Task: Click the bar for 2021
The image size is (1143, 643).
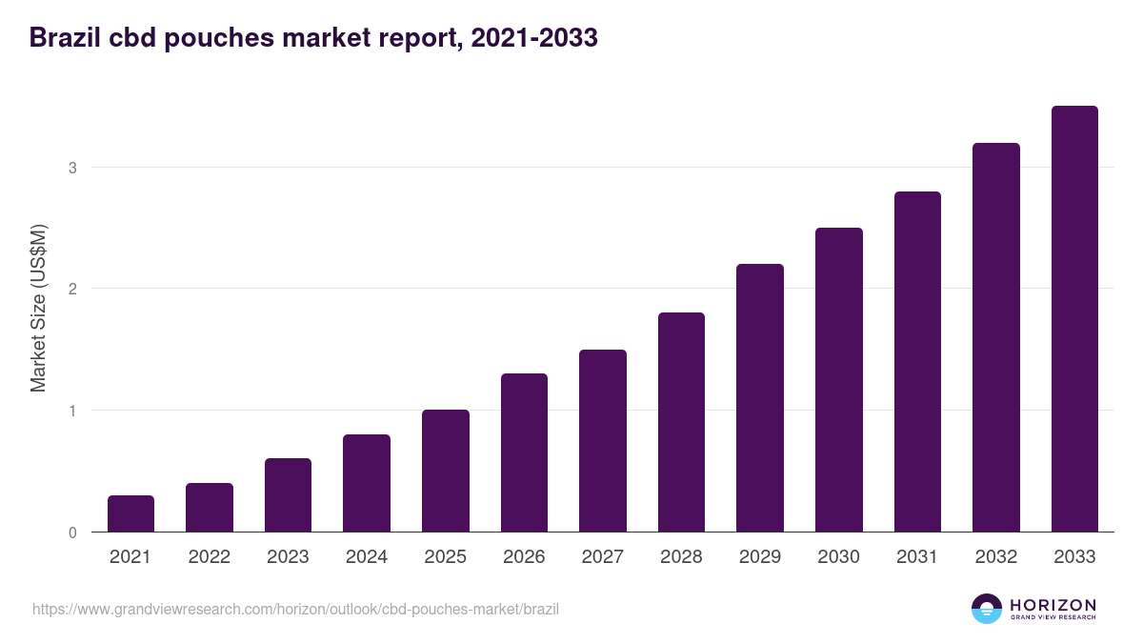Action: pos(130,513)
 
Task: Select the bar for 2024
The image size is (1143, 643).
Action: pos(367,483)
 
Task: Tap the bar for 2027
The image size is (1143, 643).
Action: pos(603,441)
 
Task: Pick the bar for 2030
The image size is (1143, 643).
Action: pos(839,380)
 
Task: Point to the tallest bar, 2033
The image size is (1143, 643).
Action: pos(1074,319)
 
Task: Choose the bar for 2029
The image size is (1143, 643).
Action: pos(760,398)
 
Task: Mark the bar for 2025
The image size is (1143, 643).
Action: pos(446,471)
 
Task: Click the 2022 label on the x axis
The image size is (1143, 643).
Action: pos(209,557)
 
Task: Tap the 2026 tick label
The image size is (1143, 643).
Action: pos(524,557)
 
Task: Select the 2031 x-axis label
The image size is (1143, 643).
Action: pos(917,557)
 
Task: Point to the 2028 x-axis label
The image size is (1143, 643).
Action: pos(681,557)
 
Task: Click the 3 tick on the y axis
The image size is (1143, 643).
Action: pos(72,168)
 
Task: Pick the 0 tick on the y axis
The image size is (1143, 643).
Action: pos(72,532)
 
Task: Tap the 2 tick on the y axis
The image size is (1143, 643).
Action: pos(72,289)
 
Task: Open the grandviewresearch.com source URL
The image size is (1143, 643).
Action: pos(295,609)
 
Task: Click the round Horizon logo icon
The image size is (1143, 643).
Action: pos(987,609)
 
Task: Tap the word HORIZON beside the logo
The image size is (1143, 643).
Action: pos(1053,605)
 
